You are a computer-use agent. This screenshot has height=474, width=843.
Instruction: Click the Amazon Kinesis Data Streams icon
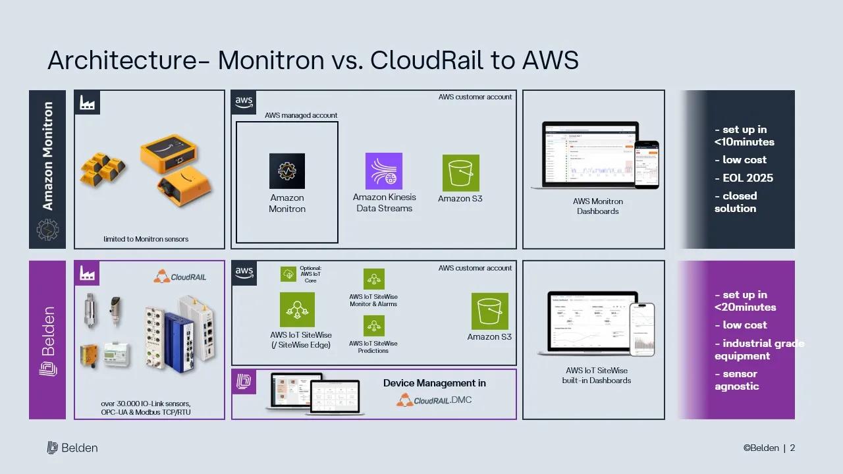pyautogui.click(x=384, y=171)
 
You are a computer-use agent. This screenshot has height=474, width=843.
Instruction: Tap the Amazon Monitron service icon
pyautogui.click(x=287, y=171)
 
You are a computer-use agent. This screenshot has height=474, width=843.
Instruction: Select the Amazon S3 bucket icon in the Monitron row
pyautogui.click(x=460, y=173)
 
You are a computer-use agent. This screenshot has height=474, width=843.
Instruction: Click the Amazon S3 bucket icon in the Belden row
pyautogui.click(x=489, y=311)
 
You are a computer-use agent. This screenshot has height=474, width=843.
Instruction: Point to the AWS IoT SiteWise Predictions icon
pyautogui.click(x=374, y=326)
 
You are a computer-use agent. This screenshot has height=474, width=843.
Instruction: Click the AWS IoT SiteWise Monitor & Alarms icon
pyautogui.click(x=374, y=279)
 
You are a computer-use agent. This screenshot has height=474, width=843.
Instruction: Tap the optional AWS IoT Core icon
pyautogui.click(x=288, y=274)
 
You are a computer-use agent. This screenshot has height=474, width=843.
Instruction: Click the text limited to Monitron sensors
pyautogui.click(x=146, y=239)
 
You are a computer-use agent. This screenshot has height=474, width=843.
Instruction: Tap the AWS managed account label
pyautogui.click(x=301, y=115)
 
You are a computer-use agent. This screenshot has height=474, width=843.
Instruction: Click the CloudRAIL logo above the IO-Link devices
pyautogui.click(x=180, y=277)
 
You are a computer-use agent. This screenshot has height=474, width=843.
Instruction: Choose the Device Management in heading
pyautogui.click(x=435, y=383)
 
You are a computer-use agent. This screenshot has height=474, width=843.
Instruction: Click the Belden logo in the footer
pyautogui.click(x=72, y=448)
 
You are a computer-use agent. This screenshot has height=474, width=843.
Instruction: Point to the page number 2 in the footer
pyautogui.click(x=792, y=448)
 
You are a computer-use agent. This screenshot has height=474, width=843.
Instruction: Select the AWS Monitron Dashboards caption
pyautogui.click(x=597, y=206)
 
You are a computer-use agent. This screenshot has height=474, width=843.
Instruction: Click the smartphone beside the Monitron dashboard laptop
pyautogui.click(x=646, y=165)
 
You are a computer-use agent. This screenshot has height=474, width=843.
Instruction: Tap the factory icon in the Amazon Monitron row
pyautogui.click(x=87, y=103)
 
